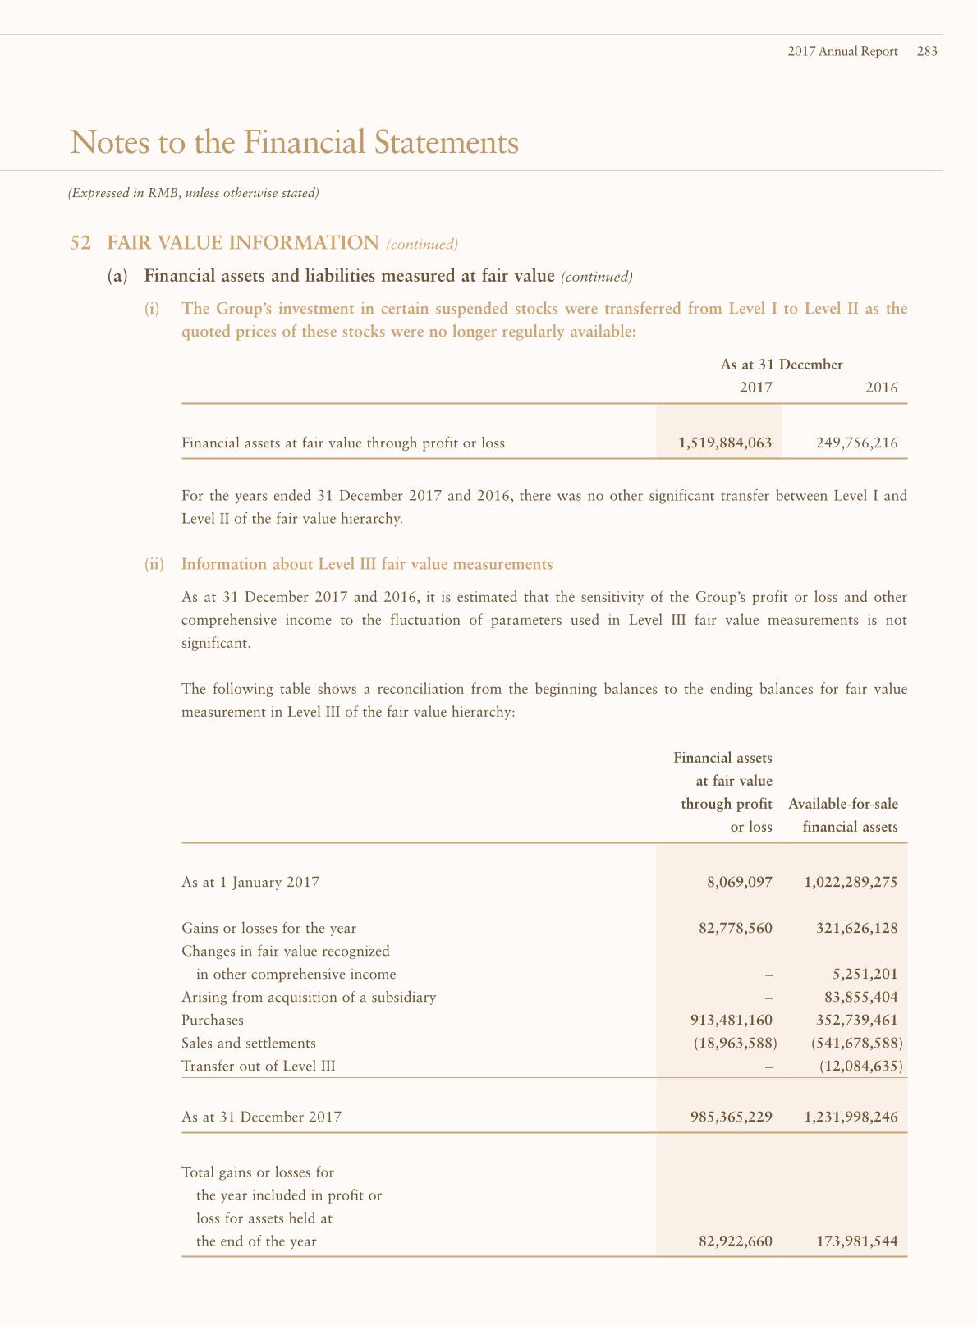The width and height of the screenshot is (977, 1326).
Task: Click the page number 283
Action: (927, 51)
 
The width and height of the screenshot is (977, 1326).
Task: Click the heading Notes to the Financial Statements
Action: (295, 142)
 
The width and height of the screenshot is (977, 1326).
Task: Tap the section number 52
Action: (80, 243)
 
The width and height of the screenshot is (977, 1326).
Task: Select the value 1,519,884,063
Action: (725, 443)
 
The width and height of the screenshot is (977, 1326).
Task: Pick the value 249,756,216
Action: (856, 443)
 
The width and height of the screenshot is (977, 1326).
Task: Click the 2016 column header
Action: (881, 388)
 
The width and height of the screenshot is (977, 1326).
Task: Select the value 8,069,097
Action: (739, 883)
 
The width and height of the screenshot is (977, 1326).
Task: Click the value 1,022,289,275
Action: (851, 883)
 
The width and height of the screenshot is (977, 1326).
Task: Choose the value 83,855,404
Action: (860, 998)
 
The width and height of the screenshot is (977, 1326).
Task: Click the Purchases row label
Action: (213, 1021)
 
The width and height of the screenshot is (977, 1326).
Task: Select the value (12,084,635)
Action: (861, 1067)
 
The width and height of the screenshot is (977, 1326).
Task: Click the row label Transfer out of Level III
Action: (259, 1067)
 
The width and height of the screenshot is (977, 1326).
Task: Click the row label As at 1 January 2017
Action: (250, 883)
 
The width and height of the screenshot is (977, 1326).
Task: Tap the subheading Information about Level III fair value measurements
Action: (367, 564)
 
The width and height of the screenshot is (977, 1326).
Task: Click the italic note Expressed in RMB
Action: (193, 194)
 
